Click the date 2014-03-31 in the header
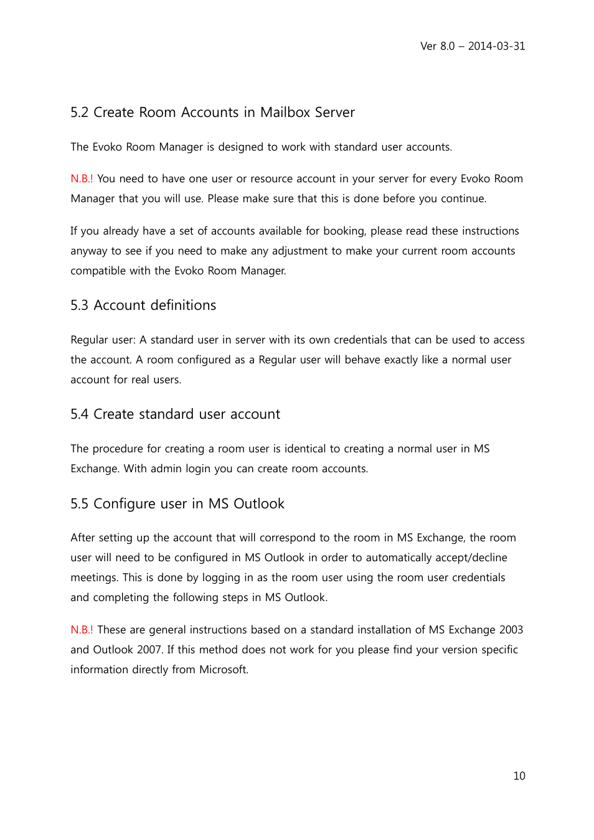coord(496,46)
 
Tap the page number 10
coord(519,776)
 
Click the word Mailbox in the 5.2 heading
coord(285,113)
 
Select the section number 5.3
coord(79,306)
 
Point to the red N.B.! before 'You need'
coord(82,179)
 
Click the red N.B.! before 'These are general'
coord(82,630)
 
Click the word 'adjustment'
coord(298,251)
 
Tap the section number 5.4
coord(79,414)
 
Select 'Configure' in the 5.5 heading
coord(125,504)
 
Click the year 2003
coord(511,630)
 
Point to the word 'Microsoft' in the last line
coord(223,670)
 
